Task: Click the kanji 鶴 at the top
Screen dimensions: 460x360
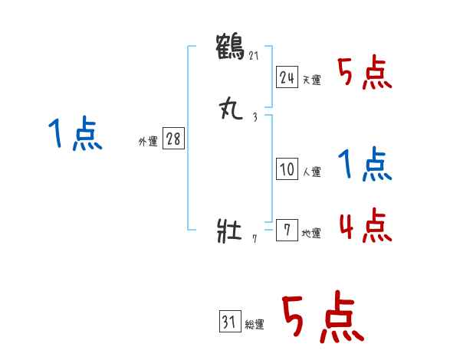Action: tap(231, 45)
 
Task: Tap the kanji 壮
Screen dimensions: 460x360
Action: tap(230, 231)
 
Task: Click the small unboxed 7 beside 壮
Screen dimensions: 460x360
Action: tap(255, 240)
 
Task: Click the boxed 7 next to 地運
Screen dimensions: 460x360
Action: tap(287, 230)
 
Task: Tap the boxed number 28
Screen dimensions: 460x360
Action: tap(173, 139)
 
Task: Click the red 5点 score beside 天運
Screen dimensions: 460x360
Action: tap(365, 74)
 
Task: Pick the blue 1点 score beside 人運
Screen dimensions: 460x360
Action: tap(365, 165)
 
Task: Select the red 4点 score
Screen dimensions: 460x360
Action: tap(365, 226)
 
